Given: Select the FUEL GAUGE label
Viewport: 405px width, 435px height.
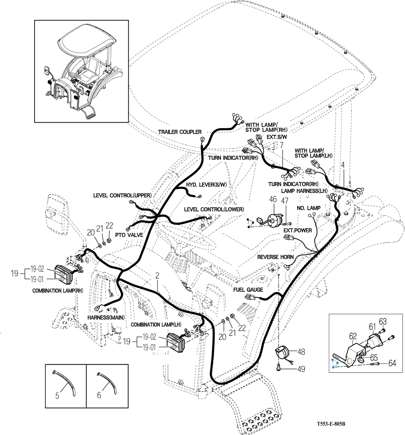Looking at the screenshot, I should point(248,289).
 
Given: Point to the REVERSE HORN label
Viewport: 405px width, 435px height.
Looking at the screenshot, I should point(275,257).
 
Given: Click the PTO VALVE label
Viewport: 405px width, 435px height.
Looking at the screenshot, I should point(130,235).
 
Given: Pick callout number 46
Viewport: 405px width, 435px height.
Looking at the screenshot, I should point(273,200).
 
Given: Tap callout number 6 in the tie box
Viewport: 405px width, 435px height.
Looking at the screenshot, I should point(99,395).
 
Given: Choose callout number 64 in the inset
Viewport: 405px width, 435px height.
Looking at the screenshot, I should point(392,364).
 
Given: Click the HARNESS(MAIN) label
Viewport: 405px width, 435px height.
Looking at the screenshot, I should point(106,317).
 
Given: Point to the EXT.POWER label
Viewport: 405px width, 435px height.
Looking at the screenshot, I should point(298,230).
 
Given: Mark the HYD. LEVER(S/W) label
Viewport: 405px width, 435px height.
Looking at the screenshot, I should point(206,184).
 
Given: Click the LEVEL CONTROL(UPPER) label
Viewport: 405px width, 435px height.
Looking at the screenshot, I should point(122,195).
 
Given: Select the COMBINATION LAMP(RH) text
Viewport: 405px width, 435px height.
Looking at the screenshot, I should point(58,290).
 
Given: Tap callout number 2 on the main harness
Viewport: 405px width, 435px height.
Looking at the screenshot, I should point(157,276).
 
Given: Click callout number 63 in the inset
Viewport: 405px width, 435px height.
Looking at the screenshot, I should point(383,321).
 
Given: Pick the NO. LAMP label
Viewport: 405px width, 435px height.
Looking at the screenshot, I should point(308,208).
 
